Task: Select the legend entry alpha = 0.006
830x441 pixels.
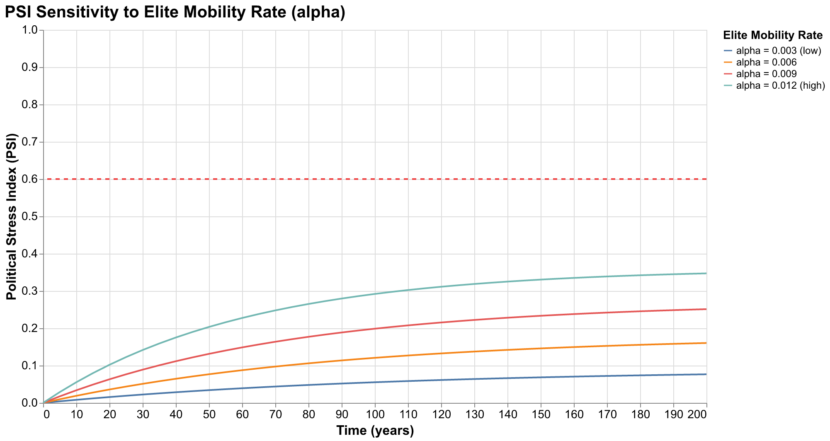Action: (x=766, y=63)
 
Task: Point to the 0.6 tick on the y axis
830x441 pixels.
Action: (x=32, y=179)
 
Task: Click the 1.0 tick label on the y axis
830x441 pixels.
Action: (x=32, y=30)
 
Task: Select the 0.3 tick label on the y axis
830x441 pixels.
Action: (x=32, y=291)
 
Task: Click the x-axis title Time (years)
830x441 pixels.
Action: (x=375, y=431)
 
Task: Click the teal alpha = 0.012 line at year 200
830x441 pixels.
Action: (x=706, y=274)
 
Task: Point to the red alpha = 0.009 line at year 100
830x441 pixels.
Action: (x=375, y=329)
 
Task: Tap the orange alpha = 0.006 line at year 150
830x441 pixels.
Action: (x=541, y=348)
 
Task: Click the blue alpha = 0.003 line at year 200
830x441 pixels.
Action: (x=706, y=374)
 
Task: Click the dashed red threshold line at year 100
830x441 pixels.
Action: (x=375, y=179)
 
